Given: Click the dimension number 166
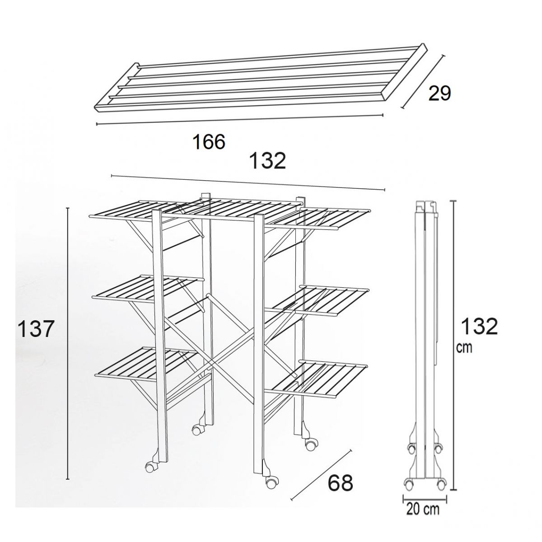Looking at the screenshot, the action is [x=209, y=141].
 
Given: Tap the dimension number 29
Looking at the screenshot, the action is [x=439, y=93].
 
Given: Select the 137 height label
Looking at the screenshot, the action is [x=35, y=329].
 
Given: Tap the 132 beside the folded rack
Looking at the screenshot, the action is [x=480, y=327].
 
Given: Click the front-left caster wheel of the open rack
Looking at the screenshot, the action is [x=150, y=467].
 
